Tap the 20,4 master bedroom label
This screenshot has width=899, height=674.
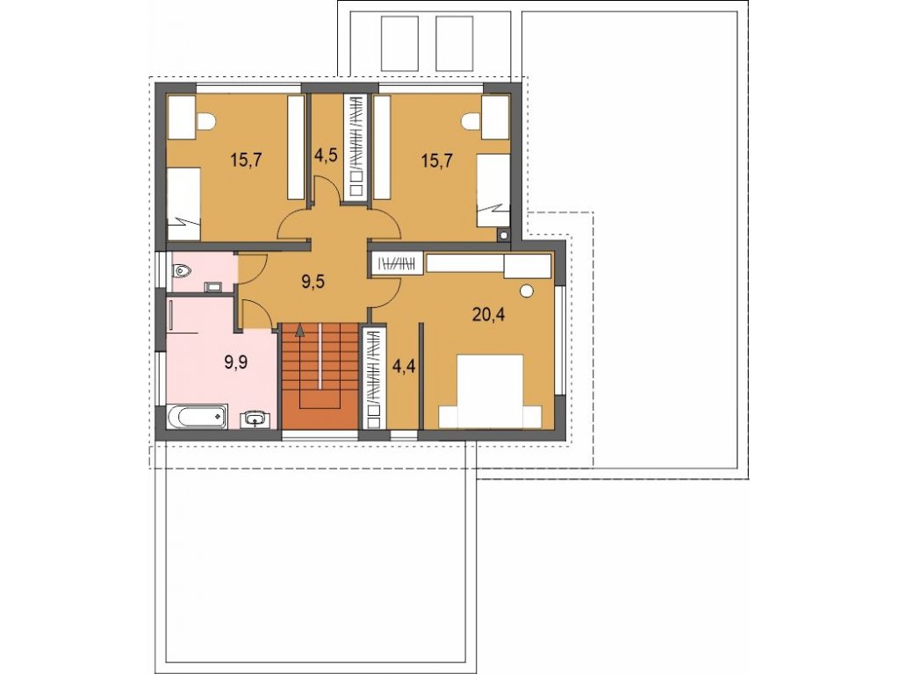488,314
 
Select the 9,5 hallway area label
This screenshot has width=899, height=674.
313,282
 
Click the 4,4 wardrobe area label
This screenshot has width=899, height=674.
403,366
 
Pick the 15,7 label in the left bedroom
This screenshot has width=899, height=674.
246,160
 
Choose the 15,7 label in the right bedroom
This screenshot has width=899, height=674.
437,160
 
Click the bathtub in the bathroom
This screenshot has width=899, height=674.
198,417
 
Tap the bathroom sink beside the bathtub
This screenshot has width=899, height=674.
255,419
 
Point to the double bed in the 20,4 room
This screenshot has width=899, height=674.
490,391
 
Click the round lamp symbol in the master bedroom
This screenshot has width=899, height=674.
527,291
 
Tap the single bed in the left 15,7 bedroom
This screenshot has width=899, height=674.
183,204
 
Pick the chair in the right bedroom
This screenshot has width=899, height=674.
471,121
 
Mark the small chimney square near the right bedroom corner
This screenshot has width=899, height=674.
503,234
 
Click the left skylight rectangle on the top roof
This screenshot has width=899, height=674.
400,44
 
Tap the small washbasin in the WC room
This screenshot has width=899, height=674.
216,286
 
